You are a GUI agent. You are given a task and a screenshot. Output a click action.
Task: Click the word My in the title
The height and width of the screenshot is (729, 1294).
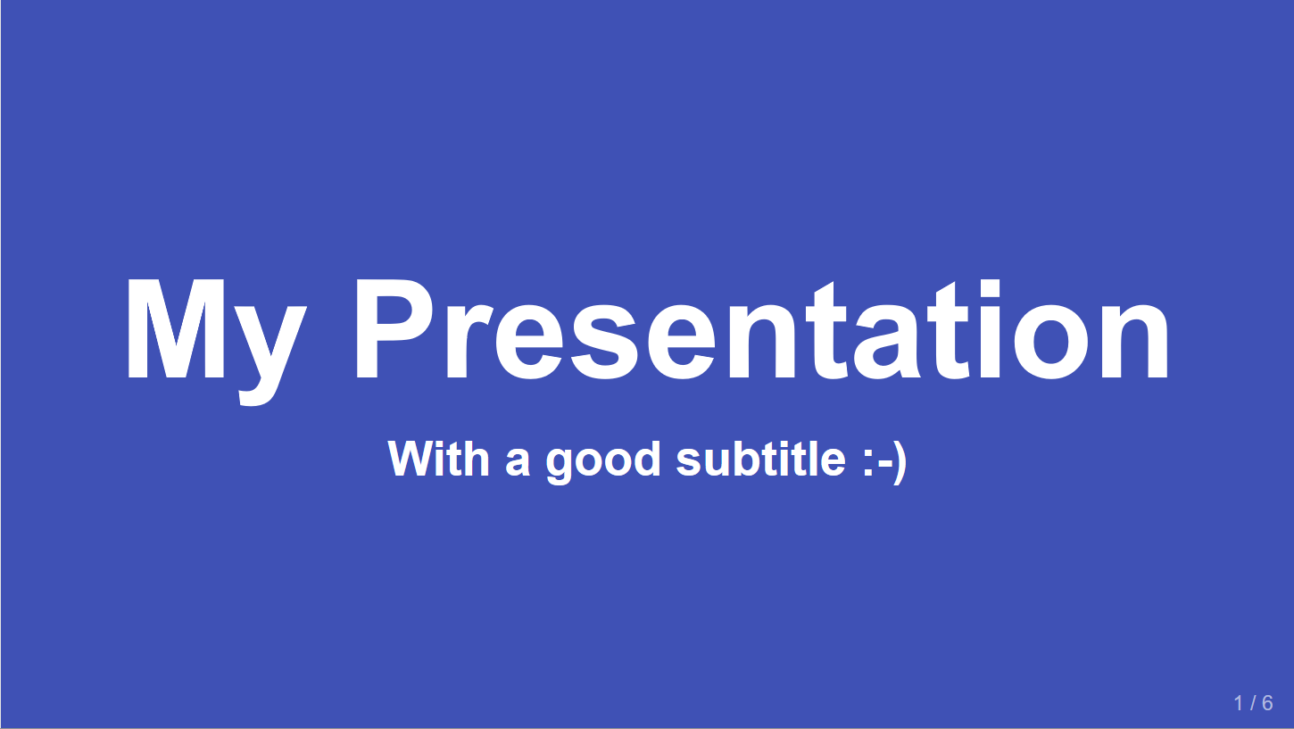point(215,342)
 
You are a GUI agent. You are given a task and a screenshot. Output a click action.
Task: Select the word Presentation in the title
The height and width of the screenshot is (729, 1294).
point(762,329)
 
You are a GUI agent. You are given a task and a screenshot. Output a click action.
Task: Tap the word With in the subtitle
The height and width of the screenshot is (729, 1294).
point(439,459)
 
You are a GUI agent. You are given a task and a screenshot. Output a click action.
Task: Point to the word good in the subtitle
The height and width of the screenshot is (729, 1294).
point(603,463)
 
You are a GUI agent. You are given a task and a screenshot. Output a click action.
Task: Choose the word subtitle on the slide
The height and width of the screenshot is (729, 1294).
point(761,459)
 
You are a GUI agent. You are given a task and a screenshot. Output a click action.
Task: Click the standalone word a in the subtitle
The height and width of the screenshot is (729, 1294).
point(518,463)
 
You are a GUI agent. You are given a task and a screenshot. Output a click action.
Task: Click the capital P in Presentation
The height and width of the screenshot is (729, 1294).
point(394,328)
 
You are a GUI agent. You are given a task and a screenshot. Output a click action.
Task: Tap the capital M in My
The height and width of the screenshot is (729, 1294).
point(176,328)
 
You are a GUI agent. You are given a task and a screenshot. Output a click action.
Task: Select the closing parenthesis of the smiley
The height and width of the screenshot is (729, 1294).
point(900,462)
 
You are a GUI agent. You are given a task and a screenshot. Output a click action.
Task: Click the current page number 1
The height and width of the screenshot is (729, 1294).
point(1238,703)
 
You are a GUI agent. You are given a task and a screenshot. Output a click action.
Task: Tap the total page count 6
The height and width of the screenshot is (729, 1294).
point(1267,703)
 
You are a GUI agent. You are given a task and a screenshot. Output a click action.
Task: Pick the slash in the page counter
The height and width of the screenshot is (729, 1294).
point(1252,703)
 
